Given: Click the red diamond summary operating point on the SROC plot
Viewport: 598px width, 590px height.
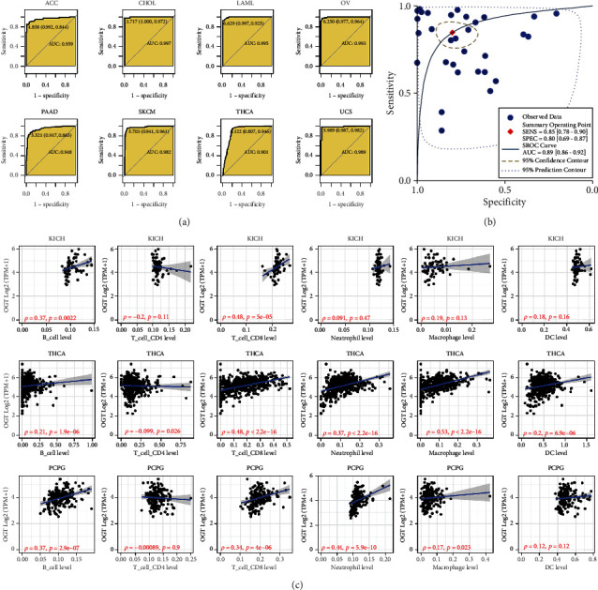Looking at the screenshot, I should click(x=453, y=33).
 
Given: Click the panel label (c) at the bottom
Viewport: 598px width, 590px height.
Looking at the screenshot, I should click(x=299, y=582).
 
